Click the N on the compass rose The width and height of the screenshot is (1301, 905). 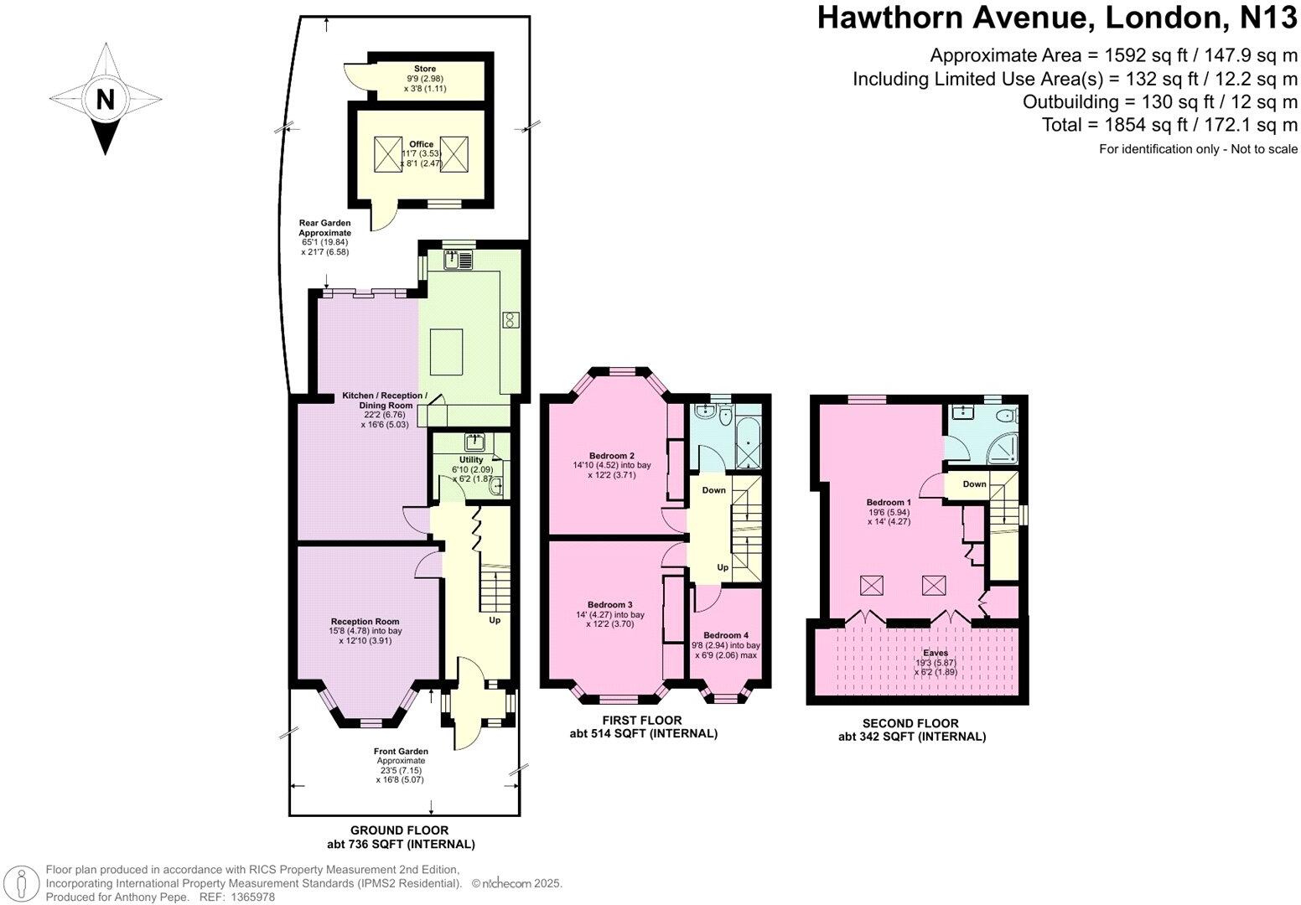(x=105, y=100)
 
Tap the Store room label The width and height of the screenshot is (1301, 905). (x=425, y=69)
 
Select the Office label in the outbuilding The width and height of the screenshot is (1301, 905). (x=422, y=144)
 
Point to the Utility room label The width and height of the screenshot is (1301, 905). (x=471, y=460)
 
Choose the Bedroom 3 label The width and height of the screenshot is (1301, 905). (x=609, y=604)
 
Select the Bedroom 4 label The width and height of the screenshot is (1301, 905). (x=725, y=634)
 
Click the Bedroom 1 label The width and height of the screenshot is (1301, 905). (x=889, y=503)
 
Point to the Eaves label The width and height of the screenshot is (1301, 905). (x=936, y=652)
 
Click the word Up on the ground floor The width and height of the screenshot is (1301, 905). (x=495, y=621)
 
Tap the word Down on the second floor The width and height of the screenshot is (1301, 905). (x=974, y=484)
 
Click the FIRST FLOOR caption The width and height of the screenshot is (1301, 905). (x=642, y=720)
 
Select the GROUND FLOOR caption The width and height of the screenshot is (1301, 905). (x=399, y=830)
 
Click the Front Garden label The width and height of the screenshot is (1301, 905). (x=401, y=752)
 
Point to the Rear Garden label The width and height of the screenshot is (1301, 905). (x=325, y=223)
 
